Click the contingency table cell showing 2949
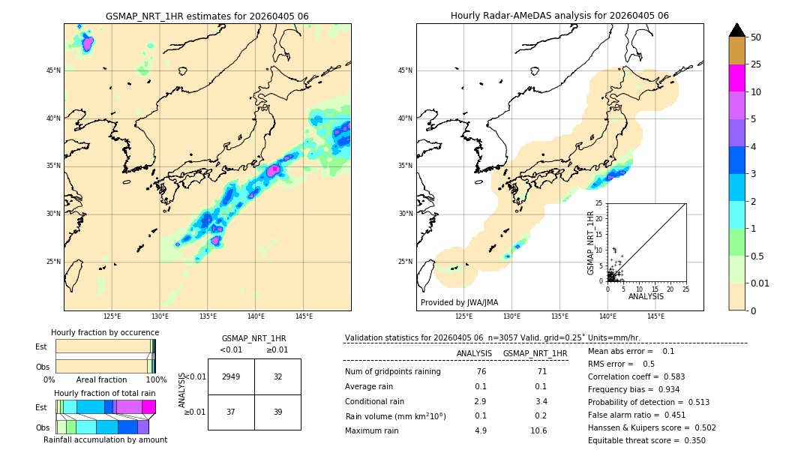231,376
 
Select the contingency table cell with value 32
277,376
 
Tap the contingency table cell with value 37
231,412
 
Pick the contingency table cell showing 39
277,412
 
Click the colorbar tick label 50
756,37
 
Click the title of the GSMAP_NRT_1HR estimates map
207,16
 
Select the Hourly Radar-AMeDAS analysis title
559,16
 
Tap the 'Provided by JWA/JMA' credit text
459,303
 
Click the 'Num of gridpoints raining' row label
392,372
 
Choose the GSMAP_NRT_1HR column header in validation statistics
535,353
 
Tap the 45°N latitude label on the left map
53,70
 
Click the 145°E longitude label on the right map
655,316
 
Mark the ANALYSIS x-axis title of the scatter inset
646,296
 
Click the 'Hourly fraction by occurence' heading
105,332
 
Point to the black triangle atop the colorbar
737,30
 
